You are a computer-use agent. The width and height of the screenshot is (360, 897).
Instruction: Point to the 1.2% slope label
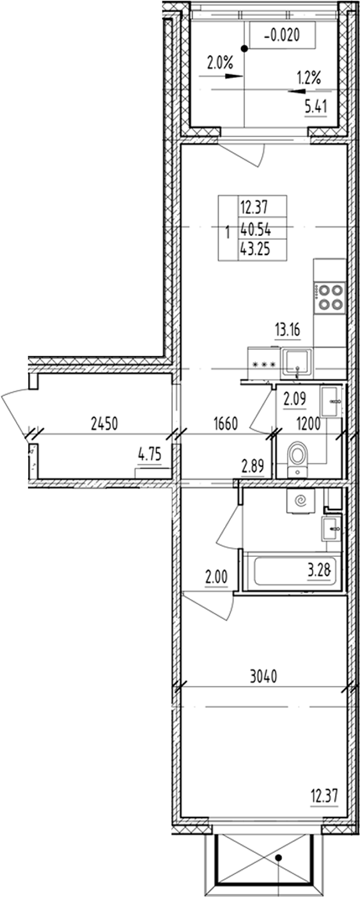[308, 79]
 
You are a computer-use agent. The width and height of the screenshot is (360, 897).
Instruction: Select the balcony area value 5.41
[316, 107]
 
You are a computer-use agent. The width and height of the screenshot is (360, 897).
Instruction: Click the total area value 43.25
[254, 251]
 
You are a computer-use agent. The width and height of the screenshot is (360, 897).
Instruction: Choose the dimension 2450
[105, 423]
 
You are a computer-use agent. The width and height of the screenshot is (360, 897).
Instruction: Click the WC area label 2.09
[295, 400]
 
